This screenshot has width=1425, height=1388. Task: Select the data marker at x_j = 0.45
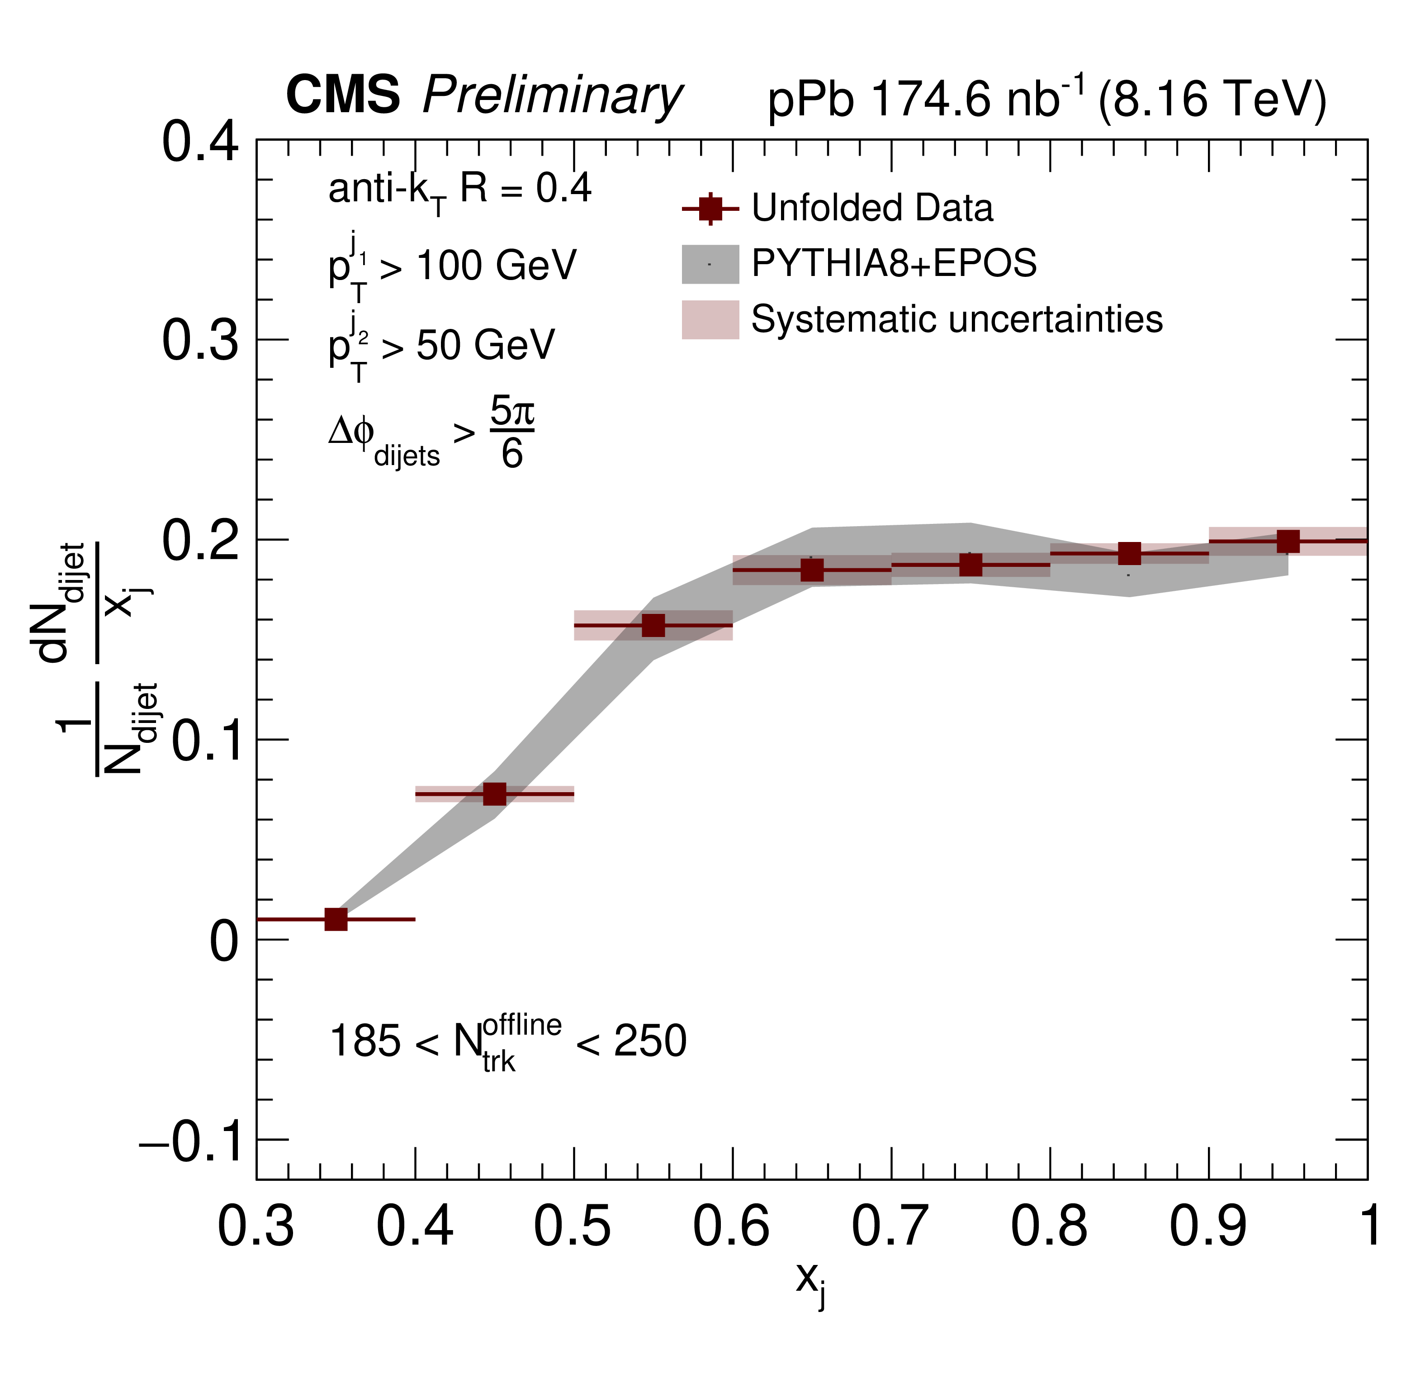pos(495,794)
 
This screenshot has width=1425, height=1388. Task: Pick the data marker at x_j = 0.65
pos(812,570)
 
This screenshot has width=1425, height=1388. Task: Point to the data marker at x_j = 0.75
pos(971,565)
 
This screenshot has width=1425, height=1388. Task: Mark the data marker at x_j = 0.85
pos(1129,554)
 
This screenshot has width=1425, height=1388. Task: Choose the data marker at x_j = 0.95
pos(1288,542)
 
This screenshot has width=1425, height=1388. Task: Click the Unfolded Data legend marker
pos(710,209)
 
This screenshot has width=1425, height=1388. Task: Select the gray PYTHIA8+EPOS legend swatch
pos(710,264)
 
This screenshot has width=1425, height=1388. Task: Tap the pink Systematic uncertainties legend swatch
pos(710,320)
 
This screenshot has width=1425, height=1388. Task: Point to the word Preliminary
pos(552,96)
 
